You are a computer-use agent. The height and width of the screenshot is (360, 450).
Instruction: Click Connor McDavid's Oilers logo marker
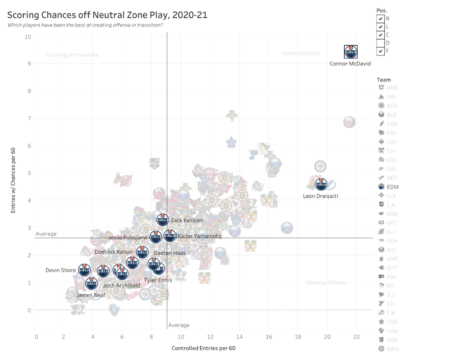(x=350, y=52)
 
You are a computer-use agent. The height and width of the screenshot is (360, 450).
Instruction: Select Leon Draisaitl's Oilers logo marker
(x=321, y=184)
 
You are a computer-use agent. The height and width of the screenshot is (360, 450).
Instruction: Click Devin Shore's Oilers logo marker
(x=85, y=270)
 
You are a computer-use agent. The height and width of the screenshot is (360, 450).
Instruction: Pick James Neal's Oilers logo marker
(x=92, y=284)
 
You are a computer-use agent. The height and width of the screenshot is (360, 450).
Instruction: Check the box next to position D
(x=380, y=43)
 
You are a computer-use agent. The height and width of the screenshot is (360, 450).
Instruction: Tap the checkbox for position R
(x=380, y=18)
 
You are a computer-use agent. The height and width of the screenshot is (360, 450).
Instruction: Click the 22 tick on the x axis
(x=357, y=337)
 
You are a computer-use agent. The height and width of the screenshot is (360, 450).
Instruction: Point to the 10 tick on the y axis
(x=27, y=37)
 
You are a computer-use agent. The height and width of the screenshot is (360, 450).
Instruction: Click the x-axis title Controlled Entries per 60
(x=203, y=348)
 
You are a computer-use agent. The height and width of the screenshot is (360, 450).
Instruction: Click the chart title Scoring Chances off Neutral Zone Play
(x=107, y=15)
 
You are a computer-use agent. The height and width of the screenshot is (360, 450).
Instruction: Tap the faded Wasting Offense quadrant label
(x=326, y=283)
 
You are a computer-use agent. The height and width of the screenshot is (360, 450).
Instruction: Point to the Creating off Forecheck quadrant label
(x=72, y=55)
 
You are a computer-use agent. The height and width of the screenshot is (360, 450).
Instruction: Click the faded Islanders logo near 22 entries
(x=349, y=122)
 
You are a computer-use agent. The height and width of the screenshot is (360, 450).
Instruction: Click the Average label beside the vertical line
(x=179, y=325)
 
